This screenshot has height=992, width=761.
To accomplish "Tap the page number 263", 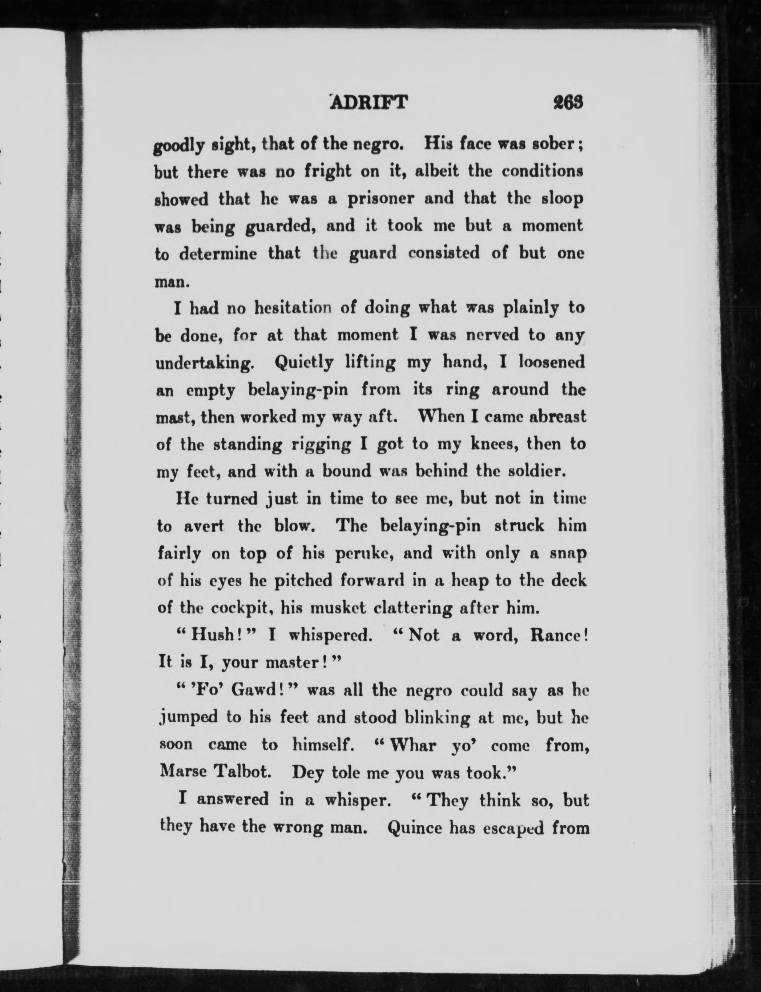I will [x=568, y=103].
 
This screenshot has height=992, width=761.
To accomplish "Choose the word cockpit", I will [x=238, y=608].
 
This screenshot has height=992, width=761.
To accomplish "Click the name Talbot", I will [x=241, y=772].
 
